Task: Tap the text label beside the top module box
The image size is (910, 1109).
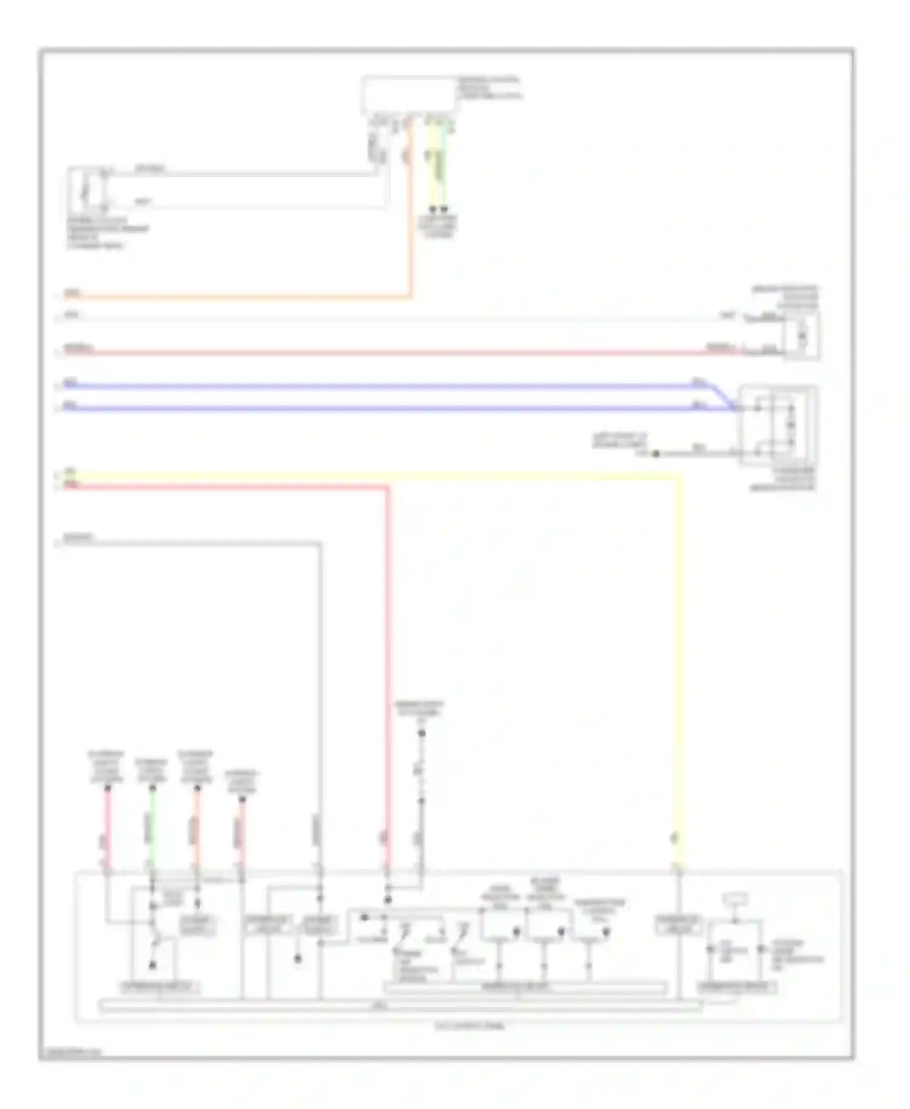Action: tap(489, 88)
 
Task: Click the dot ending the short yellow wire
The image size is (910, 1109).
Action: tap(432, 209)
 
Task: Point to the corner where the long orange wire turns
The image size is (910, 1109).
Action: tap(412, 297)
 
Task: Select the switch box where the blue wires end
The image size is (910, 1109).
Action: tap(778, 425)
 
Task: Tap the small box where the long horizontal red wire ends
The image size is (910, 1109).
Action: tap(802, 335)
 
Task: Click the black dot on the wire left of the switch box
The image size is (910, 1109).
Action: tap(656, 453)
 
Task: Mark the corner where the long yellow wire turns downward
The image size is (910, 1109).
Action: tap(678, 478)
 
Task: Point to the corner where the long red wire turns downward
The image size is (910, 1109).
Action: tap(388, 487)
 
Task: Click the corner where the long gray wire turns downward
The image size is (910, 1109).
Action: tap(319, 545)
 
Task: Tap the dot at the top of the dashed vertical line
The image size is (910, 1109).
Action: tap(422, 733)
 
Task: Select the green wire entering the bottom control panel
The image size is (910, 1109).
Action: tap(152, 828)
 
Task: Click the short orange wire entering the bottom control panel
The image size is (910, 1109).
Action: tap(197, 828)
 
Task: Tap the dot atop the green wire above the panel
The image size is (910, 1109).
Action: tap(152, 788)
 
